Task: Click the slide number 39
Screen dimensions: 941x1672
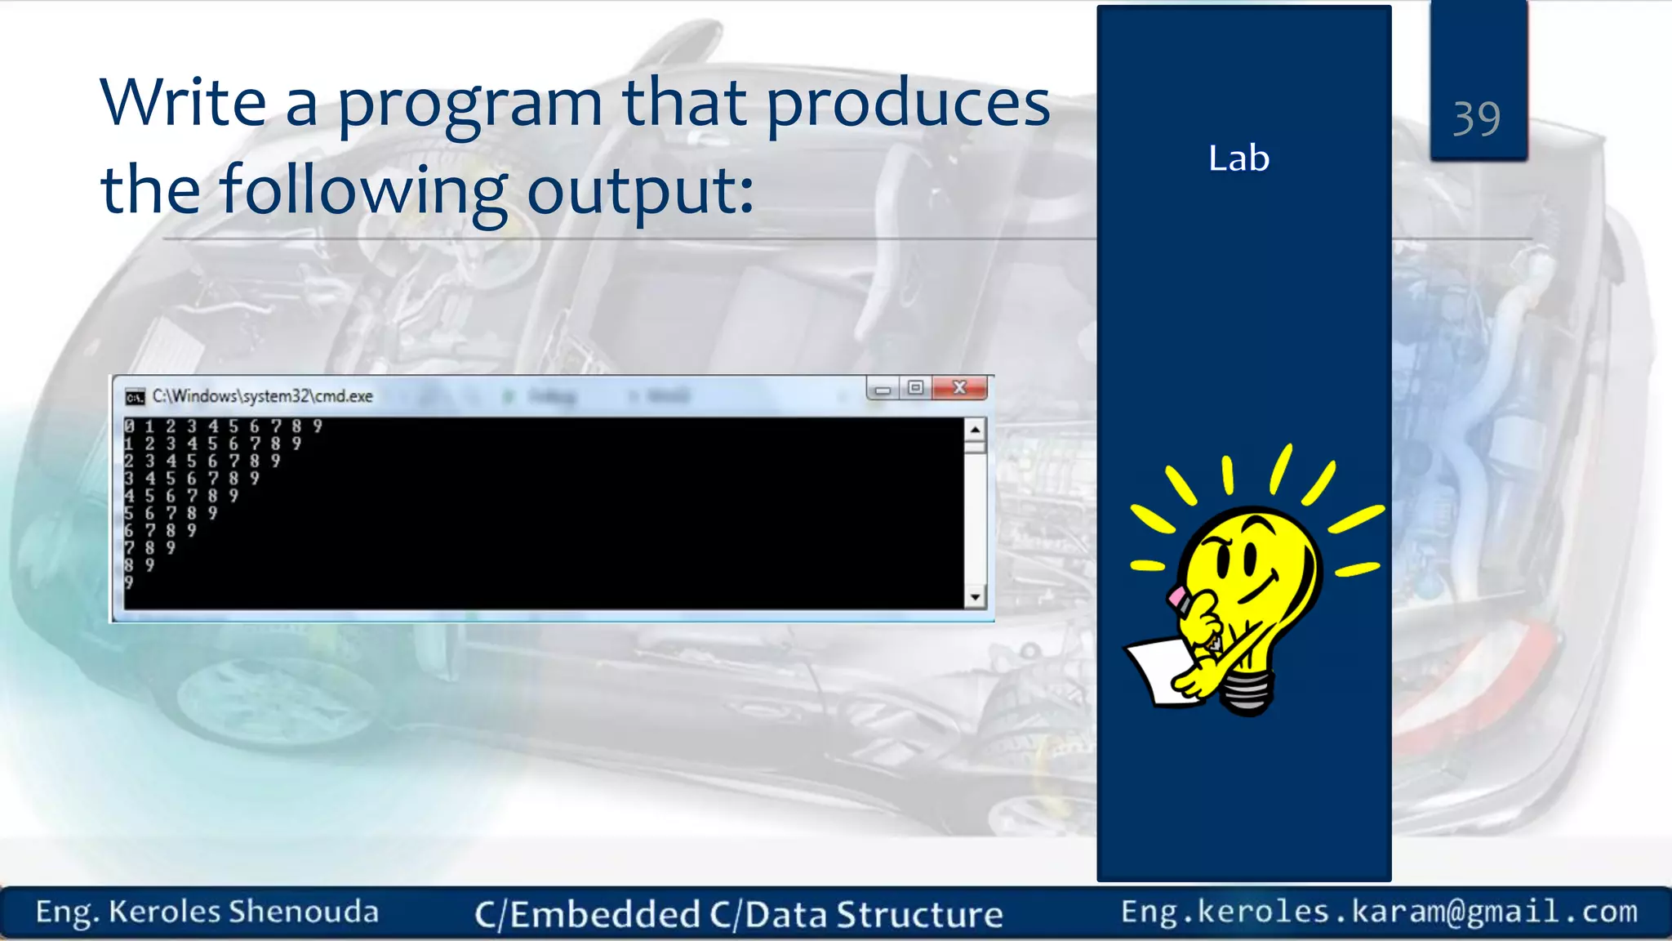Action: click(1476, 118)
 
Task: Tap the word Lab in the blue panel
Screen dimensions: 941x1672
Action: click(1238, 158)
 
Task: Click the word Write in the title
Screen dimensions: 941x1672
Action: click(183, 103)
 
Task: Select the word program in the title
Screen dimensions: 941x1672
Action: click(469, 106)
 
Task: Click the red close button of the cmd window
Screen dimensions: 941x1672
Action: click(960, 388)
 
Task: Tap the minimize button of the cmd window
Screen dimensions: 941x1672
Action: click(883, 390)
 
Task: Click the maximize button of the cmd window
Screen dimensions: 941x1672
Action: click(916, 388)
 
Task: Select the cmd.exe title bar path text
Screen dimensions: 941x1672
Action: click(262, 396)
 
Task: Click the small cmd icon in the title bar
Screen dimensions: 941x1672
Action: click(135, 397)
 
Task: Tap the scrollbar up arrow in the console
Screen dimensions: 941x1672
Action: click(975, 429)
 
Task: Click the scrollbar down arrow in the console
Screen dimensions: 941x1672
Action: click(975, 598)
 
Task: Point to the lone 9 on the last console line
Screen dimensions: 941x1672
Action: click(129, 582)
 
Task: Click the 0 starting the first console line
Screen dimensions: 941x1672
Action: click(129, 426)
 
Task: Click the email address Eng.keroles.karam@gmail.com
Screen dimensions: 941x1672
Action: click(1379, 911)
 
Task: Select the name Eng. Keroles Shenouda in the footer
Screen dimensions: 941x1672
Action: click(207, 912)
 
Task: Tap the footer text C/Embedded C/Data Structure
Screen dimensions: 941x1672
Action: click(738, 914)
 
